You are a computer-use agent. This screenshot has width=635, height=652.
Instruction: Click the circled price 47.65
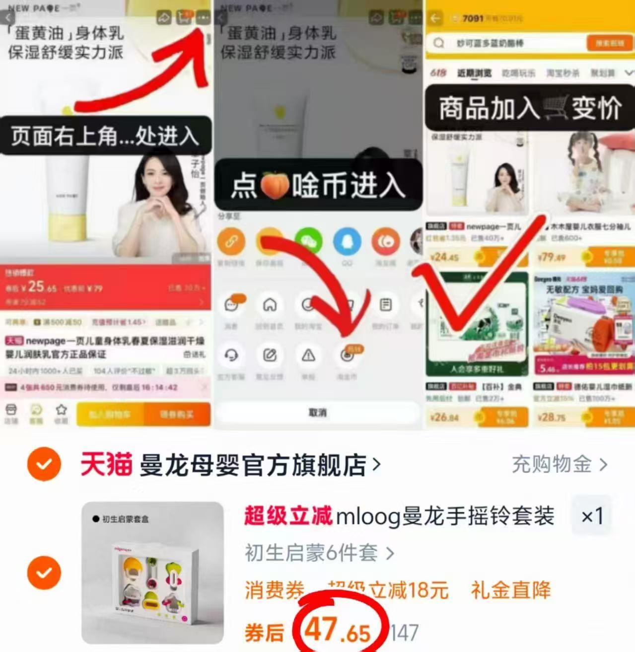coord(338,631)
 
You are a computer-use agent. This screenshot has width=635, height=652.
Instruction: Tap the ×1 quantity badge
coord(592,516)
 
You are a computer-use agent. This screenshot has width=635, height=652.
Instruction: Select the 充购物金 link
coord(559,465)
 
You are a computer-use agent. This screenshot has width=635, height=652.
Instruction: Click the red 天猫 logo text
coord(106,465)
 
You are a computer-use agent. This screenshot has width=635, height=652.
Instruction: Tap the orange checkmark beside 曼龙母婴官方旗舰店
coord(44,464)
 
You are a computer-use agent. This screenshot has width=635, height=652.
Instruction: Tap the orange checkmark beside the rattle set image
coord(44,573)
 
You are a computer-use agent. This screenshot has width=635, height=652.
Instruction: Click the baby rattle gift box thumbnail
coord(153,573)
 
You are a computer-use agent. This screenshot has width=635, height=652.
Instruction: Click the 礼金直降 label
coord(511,590)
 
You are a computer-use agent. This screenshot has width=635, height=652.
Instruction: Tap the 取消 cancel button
coord(318,413)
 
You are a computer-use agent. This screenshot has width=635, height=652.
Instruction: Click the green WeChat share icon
coord(308,242)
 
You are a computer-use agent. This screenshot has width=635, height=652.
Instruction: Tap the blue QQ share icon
coord(347,242)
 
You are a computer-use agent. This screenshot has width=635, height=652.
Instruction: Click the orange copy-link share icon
coord(231,242)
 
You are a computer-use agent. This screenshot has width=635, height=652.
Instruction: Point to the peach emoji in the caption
coord(275,185)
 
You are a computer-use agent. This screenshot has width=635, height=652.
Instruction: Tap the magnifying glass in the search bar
coord(439,43)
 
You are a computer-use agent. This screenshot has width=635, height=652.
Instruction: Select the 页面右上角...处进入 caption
coord(105,136)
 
